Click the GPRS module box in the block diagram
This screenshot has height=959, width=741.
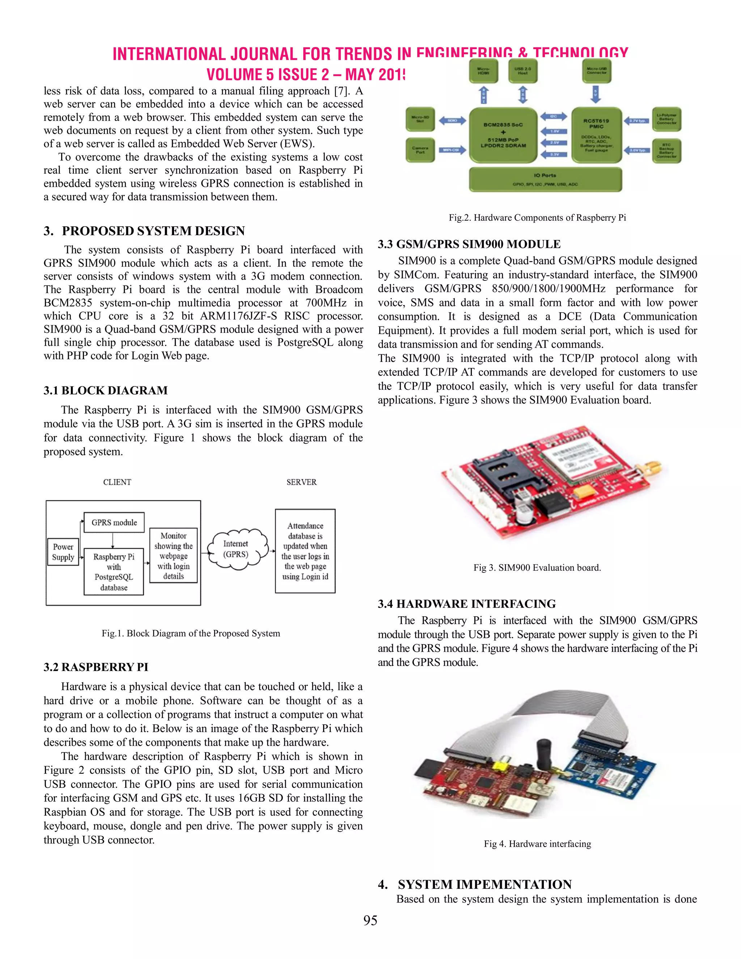[x=114, y=523]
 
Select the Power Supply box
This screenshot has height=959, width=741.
[x=63, y=552]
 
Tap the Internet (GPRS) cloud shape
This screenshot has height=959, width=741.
[x=236, y=549]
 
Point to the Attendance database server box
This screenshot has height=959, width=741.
[x=305, y=551]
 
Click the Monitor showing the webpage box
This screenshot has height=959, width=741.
[x=173, y=555]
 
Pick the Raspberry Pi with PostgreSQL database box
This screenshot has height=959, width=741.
[x=114, y=572]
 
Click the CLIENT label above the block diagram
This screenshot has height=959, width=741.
[x=117, y=482]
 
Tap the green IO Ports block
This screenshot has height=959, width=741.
[x=545, y=179]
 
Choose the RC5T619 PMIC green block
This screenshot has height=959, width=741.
[x=596, y=135]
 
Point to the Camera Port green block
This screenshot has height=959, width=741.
[x=420, y=150]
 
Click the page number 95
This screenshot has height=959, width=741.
[x=370, y=920]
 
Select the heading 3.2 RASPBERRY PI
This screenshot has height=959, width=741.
[x=96, y=667]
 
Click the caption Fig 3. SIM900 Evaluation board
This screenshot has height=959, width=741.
[x=537, y=567]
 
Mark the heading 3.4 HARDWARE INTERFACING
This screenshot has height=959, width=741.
[x=467, y=604]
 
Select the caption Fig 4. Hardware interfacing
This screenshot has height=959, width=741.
[x=537, y=844]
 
